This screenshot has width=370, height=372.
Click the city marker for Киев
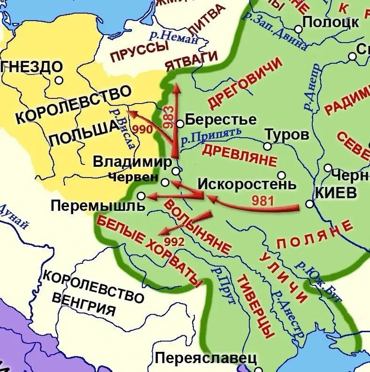point(309,204)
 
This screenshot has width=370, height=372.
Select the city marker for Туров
point(267,147)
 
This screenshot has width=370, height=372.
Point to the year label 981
point(262,201)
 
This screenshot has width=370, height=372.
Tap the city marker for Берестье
point(180,124)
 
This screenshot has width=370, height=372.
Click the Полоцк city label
point(331,22)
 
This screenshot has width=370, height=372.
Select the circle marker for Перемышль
point(142,196)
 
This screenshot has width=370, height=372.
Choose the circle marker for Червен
point(165,182)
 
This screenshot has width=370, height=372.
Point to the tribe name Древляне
point(239,156)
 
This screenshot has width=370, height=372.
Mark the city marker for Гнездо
point(59,80)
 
